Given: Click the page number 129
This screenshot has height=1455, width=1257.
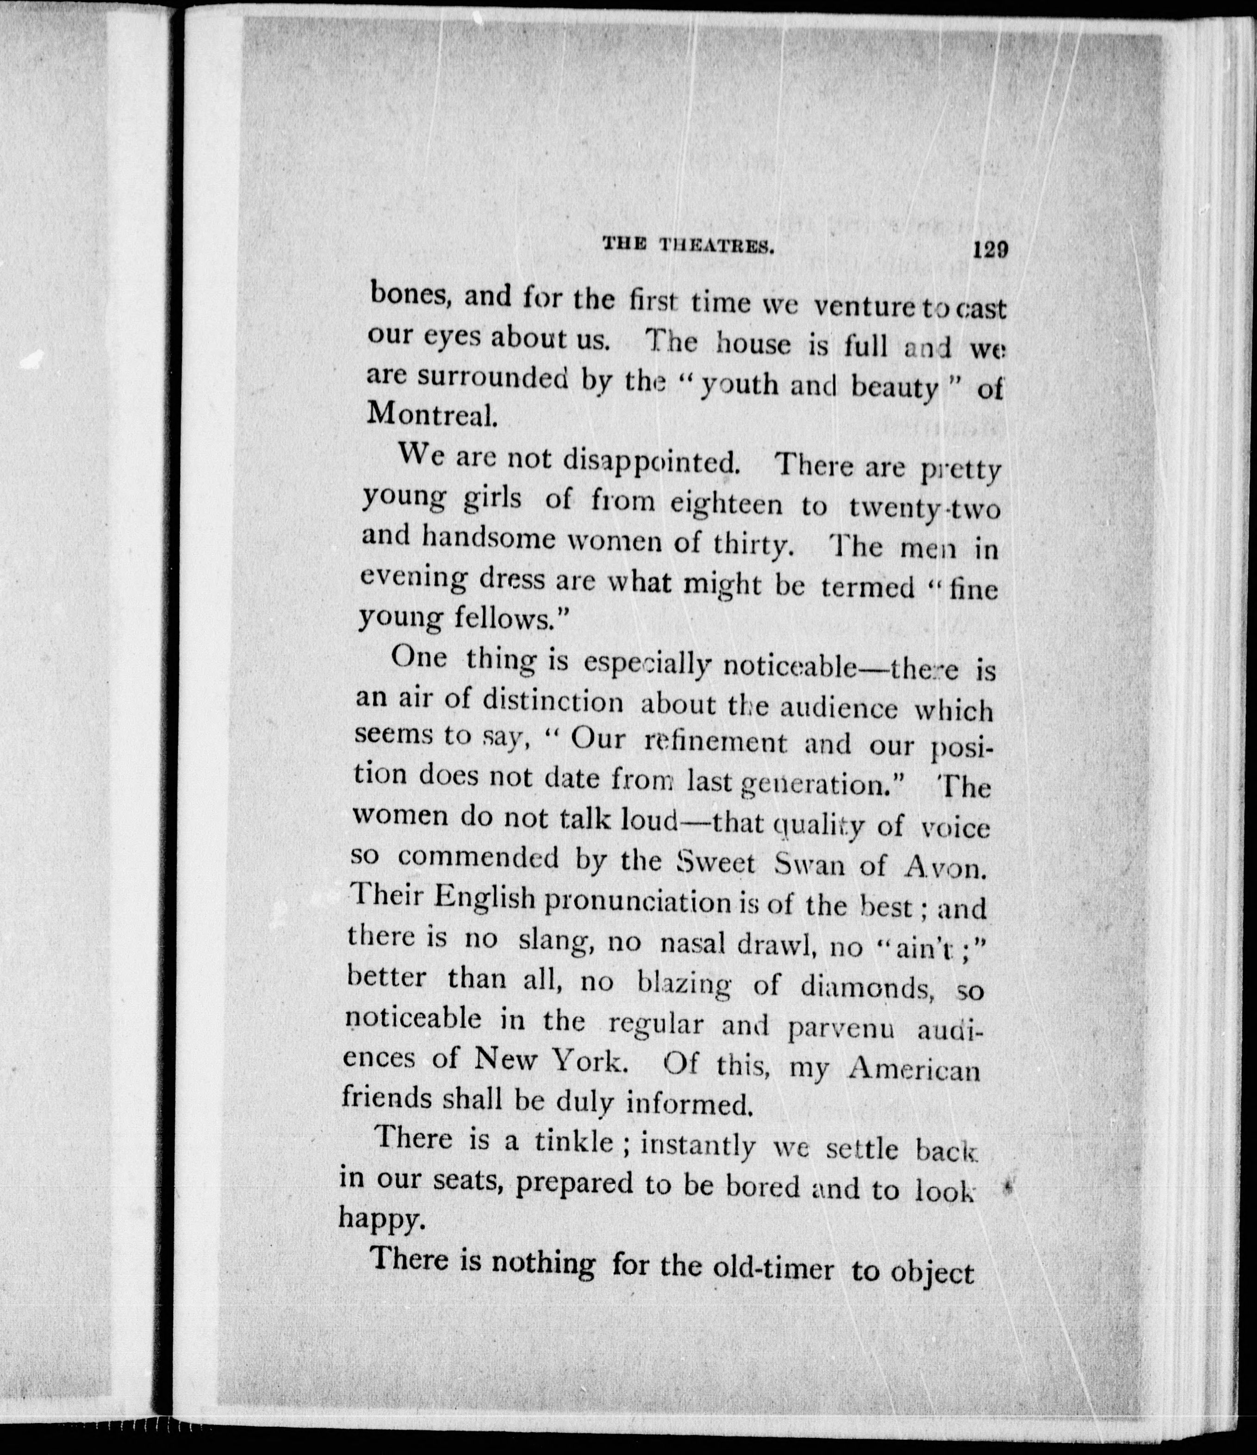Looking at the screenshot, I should click(990, 250).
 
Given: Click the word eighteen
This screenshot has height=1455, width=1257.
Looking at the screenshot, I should click(726, 504).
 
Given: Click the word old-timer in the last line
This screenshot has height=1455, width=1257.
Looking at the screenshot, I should click(772, 1268).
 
